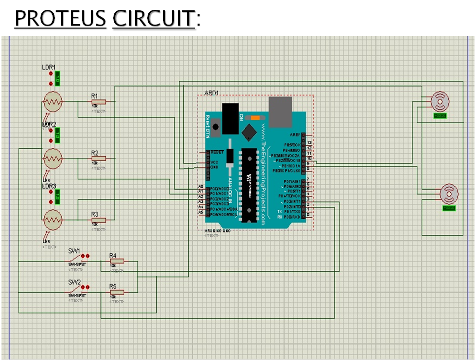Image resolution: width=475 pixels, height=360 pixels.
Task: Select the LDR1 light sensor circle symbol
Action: coord(52,102)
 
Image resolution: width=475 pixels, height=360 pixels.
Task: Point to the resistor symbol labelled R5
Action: coord(117,292)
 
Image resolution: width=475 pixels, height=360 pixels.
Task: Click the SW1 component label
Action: coord(74,251)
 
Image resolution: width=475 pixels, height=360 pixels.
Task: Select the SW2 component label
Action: coord(74,282)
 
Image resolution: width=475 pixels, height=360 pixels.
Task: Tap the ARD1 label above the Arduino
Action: coord(211,93)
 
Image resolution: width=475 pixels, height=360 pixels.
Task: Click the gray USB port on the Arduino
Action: coord(281,111)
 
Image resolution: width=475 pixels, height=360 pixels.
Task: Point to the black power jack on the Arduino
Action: coord(229,118)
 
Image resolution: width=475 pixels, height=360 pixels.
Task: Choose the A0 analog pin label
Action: coord(201,186)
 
